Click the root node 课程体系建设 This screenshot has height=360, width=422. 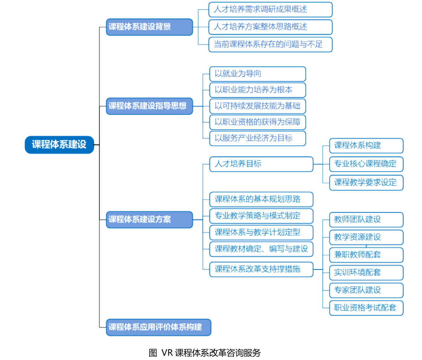click(x=59, y=145)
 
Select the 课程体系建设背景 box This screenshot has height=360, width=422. click(x=149, y=27)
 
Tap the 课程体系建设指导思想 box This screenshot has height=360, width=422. click(x=149, y=106)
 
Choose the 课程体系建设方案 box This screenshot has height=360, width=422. click(x=149, y=219)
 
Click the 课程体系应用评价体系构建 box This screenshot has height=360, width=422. click(x=159, y=327)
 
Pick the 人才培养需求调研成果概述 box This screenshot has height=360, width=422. click(x=270, y=10)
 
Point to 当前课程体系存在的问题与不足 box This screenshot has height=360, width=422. click(x=270, y=44)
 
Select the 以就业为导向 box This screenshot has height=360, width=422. click(x=258, y=74)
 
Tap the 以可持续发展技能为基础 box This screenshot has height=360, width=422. click(x=258, y=106)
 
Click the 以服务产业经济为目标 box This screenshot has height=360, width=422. click(x=258, y=138)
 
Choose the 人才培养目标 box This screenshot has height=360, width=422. click(x=262, y=164)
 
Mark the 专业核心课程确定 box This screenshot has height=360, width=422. click(x=366, y=164)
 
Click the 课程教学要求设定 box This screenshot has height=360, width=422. click(x=366, y=183)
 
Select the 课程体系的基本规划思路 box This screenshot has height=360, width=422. click(x=262, y=199)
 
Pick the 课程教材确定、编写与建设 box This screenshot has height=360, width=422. click(x=262, y=249)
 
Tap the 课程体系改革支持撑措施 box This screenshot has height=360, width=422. click(x=262, y=270)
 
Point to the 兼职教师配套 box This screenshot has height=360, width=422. click(x=366, y=255)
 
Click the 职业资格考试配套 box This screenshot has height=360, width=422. click(x=366, y=308)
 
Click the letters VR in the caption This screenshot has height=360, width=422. click(x=167, y=353)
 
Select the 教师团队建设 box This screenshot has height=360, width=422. click(x=366, y=219)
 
